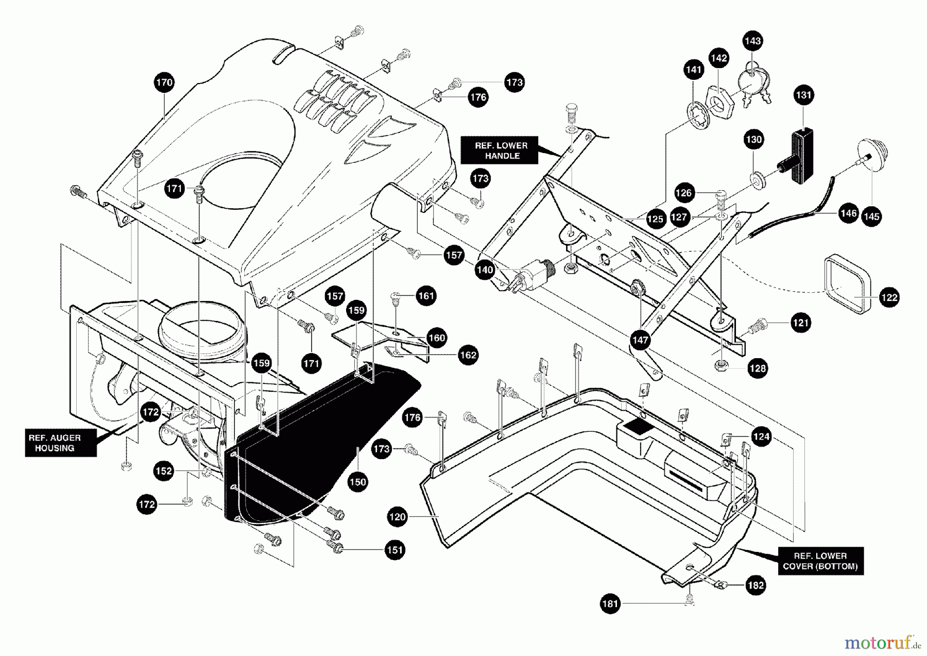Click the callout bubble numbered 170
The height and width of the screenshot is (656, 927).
point(164,82)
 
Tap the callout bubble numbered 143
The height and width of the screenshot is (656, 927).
point(753,41)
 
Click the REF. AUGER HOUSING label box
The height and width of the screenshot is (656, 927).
point(60,443)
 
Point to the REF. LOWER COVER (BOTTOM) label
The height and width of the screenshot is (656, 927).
point(820,561)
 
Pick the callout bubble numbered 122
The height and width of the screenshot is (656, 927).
point(889,297)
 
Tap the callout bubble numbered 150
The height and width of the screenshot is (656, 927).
point(357,482)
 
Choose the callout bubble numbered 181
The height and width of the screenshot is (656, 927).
point(610,604)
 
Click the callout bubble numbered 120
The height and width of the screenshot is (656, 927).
point(398,517)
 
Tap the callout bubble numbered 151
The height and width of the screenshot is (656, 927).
point(394,550)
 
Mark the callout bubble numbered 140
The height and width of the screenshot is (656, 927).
point(485,270)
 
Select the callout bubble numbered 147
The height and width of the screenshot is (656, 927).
point(640,340)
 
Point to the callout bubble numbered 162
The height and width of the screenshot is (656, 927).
point(468,355)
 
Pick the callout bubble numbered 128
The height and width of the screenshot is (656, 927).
point(758,368)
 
